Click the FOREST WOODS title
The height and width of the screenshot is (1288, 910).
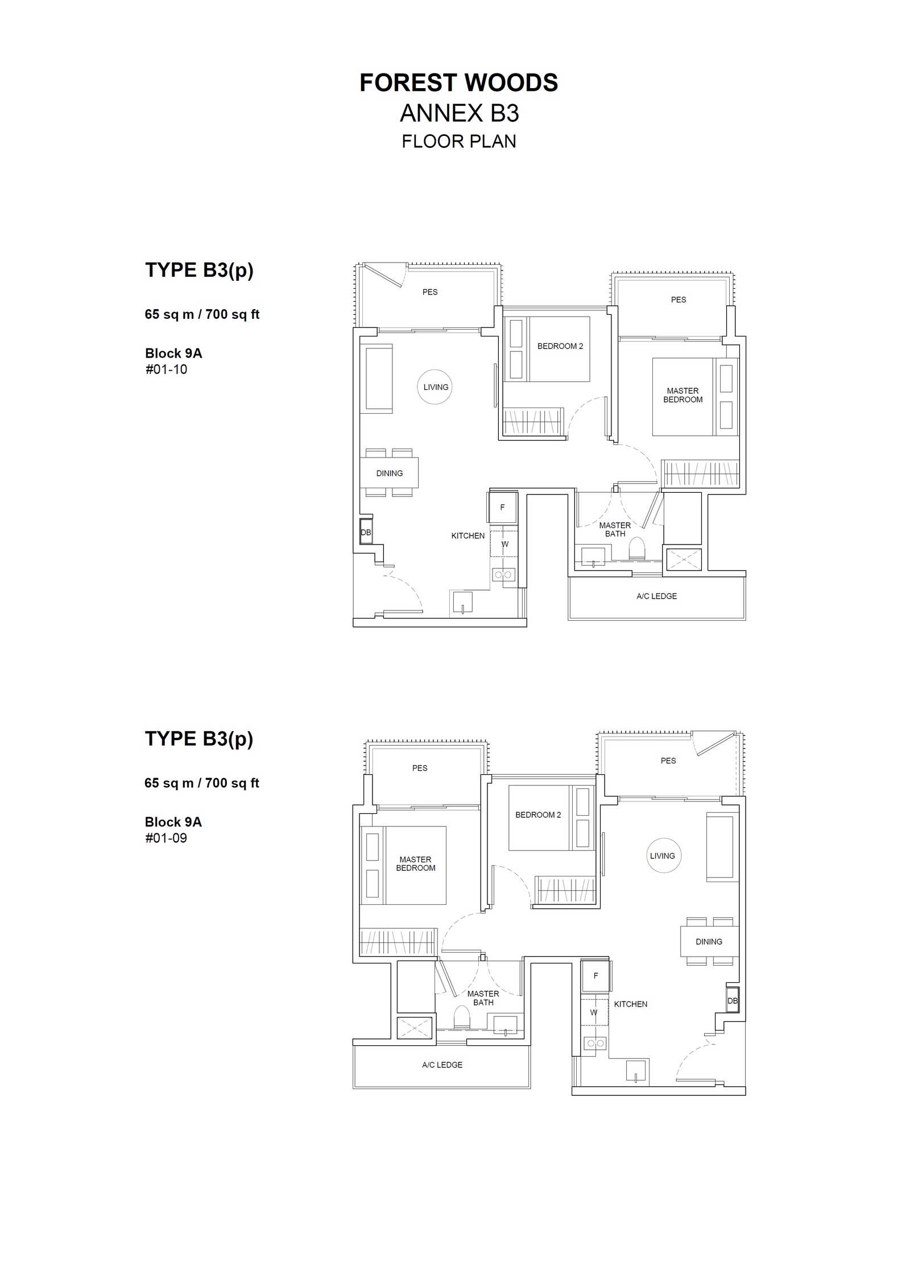458,83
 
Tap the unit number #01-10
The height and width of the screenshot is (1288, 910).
166,369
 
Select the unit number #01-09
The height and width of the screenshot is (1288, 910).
166,838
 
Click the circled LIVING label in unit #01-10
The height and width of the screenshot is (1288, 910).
435,387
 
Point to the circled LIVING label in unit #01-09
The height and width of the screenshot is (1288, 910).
663,855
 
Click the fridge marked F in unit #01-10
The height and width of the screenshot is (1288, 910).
502,507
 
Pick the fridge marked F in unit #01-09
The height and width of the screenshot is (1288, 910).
595,975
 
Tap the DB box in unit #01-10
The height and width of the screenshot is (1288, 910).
366,533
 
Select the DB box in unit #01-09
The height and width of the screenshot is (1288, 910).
733,1001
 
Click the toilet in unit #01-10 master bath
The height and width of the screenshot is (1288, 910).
637,549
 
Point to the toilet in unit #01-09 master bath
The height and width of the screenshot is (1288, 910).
461,1017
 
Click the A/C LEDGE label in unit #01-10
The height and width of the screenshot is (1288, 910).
656,596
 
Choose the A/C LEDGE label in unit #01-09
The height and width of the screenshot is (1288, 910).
442,1065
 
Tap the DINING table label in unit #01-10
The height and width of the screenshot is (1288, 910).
389,473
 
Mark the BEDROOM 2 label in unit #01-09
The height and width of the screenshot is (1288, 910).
537,815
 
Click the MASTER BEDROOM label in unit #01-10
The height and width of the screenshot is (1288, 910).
682,395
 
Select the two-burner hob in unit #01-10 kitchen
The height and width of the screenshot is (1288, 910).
503,575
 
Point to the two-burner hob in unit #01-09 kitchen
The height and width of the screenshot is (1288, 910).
595,1043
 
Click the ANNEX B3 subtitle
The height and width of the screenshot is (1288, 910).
460,113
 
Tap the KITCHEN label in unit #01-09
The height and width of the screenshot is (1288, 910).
630,1004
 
